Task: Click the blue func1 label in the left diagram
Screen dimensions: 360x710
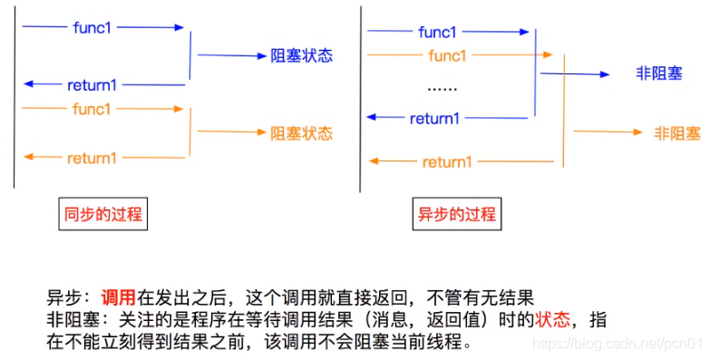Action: [92, 27]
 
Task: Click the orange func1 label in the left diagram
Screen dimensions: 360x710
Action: [92, 110]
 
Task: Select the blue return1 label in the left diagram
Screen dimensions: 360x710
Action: [92, 85]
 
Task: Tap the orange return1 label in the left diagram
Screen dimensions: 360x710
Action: [92, 158]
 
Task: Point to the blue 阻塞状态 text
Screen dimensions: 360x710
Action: [302, 55]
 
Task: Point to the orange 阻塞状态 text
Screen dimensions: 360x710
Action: [302, 133]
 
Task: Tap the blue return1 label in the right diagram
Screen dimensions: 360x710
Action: [434, 118]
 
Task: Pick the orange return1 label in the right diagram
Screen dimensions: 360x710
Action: [447, 162]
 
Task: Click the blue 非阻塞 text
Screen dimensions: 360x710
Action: [659, 73]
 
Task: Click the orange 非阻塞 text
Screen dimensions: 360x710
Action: [677, 133]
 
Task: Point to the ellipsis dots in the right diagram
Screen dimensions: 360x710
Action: [442, 89]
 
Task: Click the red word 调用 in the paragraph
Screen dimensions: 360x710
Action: [118, 297]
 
